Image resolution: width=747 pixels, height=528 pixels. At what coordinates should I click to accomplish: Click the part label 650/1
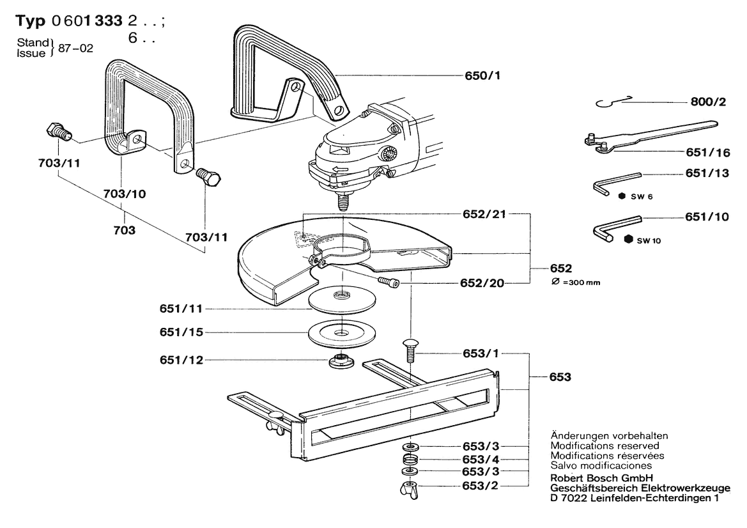[x=482, y=76]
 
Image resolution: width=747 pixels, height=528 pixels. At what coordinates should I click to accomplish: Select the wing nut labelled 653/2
[x=410, y=490]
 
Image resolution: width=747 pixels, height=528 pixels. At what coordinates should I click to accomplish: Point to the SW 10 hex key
[x=617, y=228]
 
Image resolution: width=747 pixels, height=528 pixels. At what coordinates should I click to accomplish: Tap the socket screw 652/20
[x=389, y=282]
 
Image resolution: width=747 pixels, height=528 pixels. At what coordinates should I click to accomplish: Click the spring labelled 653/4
[x=410, y=460]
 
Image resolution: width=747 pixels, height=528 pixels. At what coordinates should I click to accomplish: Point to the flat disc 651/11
[x=342, y=299]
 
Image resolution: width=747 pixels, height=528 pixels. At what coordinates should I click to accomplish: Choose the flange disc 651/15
[x=342, y=332]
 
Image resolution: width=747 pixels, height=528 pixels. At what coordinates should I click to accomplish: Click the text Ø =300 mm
[x=576, y=282]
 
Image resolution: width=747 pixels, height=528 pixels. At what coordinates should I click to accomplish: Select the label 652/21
[x=484, y=214]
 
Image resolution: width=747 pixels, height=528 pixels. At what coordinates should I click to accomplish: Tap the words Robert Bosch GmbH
[x=601, y=478]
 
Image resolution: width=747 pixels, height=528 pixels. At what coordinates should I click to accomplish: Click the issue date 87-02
[x=76, y=48]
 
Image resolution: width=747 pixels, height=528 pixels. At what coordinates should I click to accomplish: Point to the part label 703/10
[x=125, y=194]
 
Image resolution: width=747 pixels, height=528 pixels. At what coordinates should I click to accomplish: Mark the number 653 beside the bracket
[x=560, y=377]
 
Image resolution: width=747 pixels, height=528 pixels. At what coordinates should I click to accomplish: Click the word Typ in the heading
[x=30, y=21]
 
